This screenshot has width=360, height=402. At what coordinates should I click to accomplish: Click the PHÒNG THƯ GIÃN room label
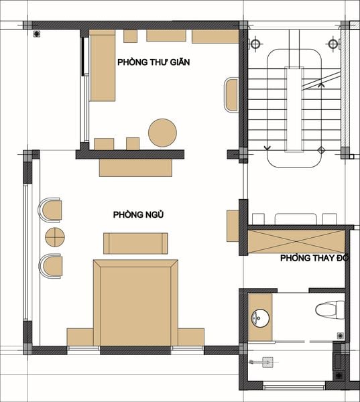tap(154, 62)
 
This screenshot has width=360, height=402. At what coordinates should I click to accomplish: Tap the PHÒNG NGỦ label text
tap(138, 214)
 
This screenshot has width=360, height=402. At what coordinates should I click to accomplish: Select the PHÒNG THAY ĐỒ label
tap(314, 258)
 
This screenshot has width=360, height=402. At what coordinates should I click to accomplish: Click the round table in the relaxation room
tap(162, 133)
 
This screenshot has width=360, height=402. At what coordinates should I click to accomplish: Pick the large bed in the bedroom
tap(135, 303)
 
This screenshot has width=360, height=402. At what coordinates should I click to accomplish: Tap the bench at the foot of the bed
tap(135, 243)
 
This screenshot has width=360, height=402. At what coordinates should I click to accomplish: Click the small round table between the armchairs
tap(55, 237)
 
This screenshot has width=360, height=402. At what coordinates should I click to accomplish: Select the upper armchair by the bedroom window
tap(50, 210)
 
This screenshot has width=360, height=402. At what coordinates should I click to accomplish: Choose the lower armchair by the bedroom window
tap(51, 266)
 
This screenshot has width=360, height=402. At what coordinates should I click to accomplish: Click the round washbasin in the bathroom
tap(260, 318)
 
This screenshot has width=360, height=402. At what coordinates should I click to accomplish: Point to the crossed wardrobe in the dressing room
tap(296, 241)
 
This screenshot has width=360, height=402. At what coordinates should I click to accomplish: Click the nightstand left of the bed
tap(80, 337)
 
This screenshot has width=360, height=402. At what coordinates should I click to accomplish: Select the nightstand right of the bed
tap(191, 337)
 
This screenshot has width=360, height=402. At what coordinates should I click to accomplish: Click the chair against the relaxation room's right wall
tap(231, 94)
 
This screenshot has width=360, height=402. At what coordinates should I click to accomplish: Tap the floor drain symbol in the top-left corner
tap(37, 34)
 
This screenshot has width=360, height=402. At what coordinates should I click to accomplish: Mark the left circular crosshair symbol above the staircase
tap(255, 44)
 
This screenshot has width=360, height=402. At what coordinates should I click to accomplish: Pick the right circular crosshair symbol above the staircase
tap(333, 44)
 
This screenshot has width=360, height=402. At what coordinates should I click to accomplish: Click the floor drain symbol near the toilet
tap(341, 336)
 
